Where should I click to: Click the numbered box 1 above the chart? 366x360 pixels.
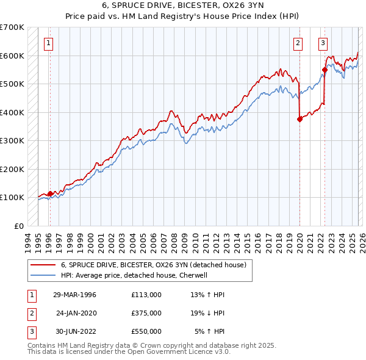48,43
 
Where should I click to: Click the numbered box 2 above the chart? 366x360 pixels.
298,43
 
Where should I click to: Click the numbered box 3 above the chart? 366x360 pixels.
323,43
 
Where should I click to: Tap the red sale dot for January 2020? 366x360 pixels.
300,120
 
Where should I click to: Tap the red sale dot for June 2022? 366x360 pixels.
325,70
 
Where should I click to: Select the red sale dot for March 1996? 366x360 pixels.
50,193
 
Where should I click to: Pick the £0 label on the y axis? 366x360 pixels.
20,226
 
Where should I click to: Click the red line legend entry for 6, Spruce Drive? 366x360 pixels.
153,265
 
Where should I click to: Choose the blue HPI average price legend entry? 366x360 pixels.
134,275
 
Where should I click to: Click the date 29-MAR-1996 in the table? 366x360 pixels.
74,295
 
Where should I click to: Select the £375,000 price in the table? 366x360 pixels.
146,313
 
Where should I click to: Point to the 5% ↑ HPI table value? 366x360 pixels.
210,331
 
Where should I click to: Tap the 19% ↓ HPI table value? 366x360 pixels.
208,313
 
